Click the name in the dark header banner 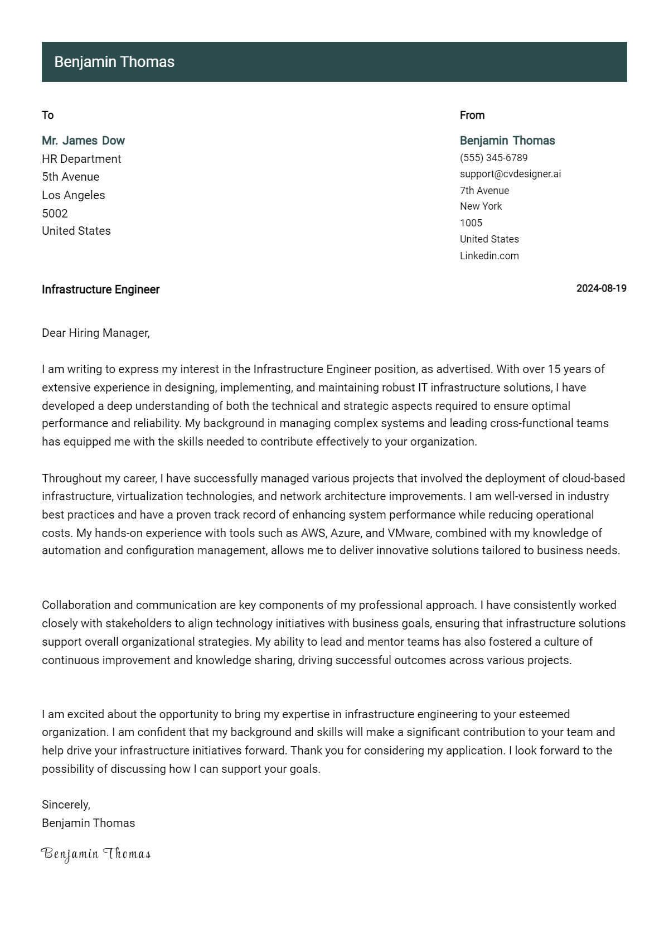114,62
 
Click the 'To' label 48,115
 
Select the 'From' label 472,115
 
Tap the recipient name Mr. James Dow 83,141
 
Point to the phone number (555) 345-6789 493,158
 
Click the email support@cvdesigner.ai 510,174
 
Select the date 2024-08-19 601,288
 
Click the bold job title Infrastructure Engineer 100,289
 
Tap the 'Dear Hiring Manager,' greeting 96,333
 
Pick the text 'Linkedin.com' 489,256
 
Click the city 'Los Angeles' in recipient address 73,195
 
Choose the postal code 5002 55,214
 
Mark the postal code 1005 471,223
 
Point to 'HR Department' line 81,159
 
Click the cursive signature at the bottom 96,854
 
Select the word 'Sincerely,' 66,805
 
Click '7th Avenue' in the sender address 484,191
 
